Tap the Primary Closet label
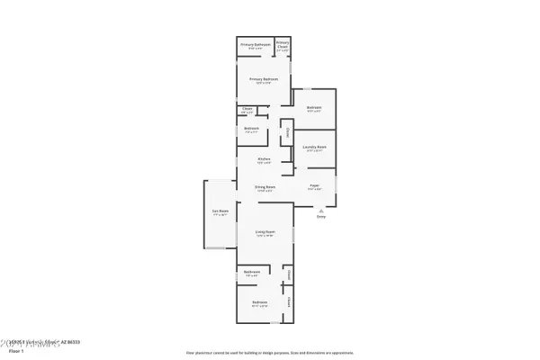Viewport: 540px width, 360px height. click(283, 42)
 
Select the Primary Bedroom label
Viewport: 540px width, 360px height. click(264, 78)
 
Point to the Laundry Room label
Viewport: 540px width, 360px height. click(314, 147)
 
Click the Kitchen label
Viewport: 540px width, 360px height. click(264, 160)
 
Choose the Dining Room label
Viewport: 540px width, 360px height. click(264, 187)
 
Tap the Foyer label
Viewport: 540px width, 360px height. click(315, 185)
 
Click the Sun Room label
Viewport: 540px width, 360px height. click(220, 212)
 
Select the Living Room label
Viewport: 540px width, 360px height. click(264, 231)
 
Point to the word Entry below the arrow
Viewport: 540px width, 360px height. click(320, 217)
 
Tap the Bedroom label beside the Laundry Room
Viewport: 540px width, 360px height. click(313, 108)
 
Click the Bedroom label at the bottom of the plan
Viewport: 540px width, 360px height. click(260, 301)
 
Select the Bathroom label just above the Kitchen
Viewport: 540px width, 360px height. click(251, 128)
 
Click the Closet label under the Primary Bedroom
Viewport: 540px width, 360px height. click(247, 108)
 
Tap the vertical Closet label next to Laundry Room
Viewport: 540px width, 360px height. click(287, 132)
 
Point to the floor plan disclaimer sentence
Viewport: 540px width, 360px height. click(269, 354)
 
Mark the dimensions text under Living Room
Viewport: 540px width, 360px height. click(264, 236)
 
